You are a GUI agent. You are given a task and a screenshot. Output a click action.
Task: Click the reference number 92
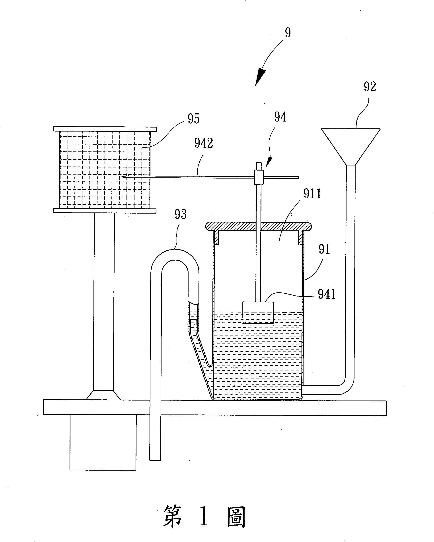coord(370,87)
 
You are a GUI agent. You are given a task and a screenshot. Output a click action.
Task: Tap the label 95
coord(194,119)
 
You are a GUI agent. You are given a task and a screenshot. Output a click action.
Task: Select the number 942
coord(204,143)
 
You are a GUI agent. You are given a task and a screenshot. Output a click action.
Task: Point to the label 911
coord(312,194)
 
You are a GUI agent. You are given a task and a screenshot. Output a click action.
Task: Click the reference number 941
coord(327,294)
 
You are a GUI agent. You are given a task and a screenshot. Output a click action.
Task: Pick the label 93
coord(181,214)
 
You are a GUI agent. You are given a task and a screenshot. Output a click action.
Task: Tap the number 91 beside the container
coord(324,249)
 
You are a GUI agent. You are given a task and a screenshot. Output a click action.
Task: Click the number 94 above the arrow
coord(280,117)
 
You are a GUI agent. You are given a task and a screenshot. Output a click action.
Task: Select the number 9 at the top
coord(288,33)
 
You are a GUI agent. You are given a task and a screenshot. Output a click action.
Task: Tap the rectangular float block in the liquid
coord(257,312)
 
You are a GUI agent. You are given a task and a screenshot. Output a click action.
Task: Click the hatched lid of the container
coord(259,226)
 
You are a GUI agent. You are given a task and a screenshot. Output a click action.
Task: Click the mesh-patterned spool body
coord(105,170)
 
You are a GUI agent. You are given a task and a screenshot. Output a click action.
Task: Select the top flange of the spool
coord(105,129)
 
